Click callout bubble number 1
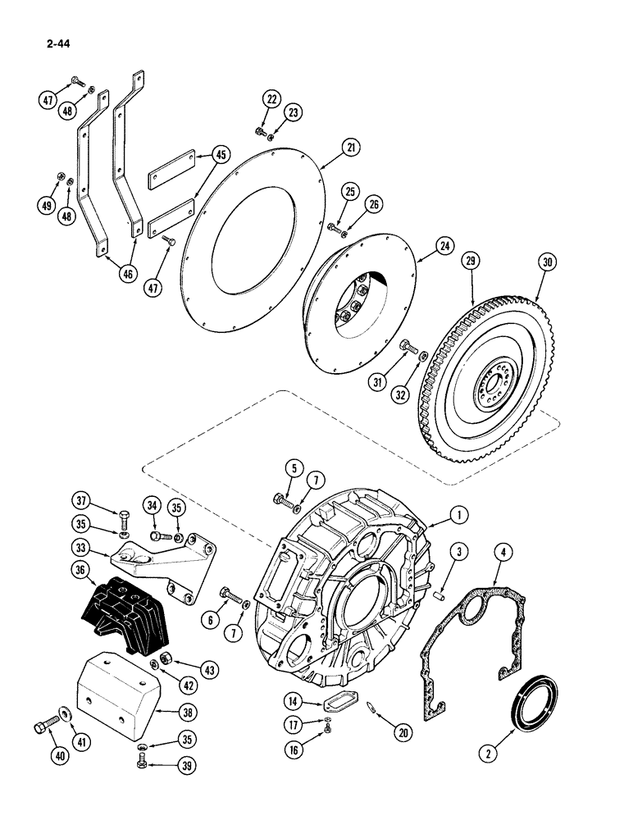point(459,515)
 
